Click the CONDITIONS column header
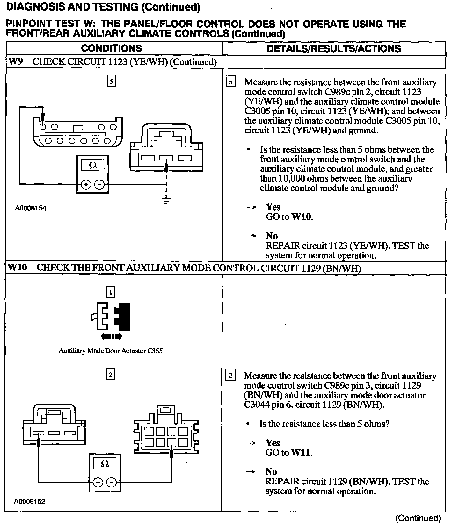click(x=111, y=48)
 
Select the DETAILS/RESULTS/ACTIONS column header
click(x=333, y=48)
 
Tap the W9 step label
click(x=15, y=61)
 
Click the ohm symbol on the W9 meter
click(x=93, y=166)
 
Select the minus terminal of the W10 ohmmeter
click(x=111, y=482)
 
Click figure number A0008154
click(x=31, y=208)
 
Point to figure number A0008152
click(x=30, y=501)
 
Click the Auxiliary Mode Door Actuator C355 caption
click(x=111, y=351)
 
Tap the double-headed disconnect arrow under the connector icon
click(x=111, y=336)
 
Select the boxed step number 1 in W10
click(x=111, y=292)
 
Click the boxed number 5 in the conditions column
click(x=111, y=81)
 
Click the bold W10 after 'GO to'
click(x=302, y=217)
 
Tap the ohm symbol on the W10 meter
click(x=105, y=464)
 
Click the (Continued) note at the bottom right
click(x=418, y=518)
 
